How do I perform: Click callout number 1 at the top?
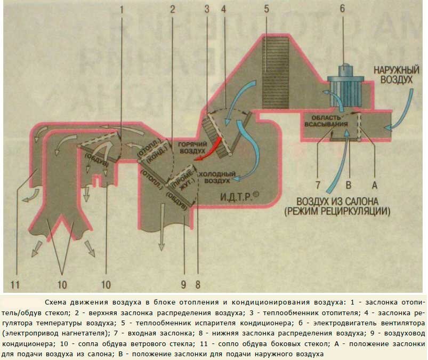coord(122,9)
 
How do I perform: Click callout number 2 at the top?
coord(172,9)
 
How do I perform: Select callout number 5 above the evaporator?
coord(266,9)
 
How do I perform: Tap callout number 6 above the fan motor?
coord(342,9)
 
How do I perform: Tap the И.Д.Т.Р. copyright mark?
coord(240,197)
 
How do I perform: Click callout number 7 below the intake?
coord(318,186)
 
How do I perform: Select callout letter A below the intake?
coord(374,186)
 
